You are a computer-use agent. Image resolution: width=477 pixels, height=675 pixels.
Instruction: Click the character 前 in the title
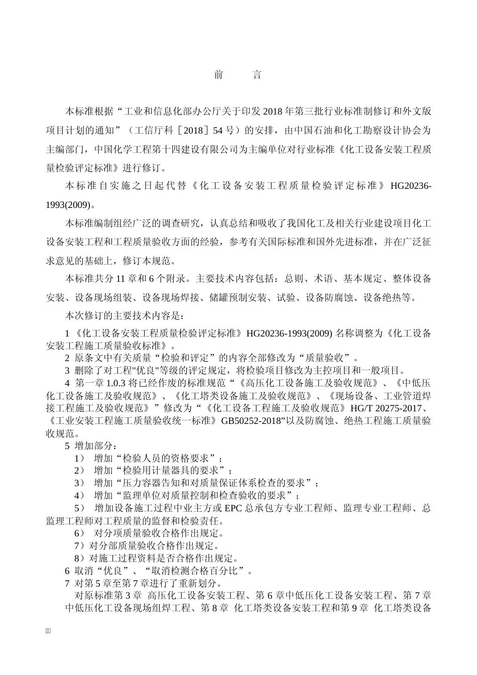(218, 75)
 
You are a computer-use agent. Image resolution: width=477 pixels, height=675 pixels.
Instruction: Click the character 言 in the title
(257, 75)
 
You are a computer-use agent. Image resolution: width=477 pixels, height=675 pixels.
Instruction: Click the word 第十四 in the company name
(184, 149)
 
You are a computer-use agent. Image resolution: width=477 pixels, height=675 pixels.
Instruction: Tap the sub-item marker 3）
(79, 483)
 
